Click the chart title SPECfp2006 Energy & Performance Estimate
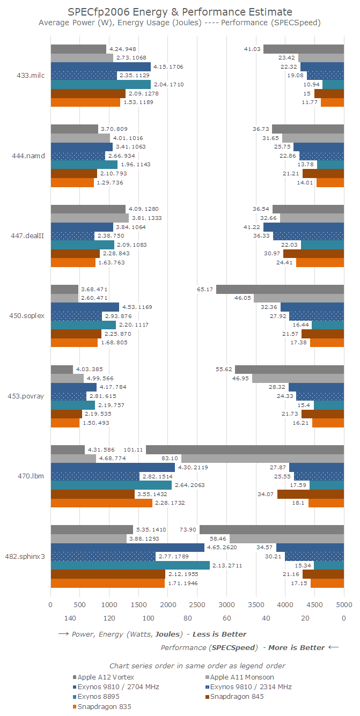point(180,11)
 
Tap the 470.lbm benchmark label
point(34,476)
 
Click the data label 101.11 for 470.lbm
point(133,449)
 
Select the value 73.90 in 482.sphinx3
point(189,529)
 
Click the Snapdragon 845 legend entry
point(238,697)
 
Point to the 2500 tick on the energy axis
point(197,604)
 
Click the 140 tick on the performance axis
point(70,618)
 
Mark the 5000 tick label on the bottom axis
point(343,604)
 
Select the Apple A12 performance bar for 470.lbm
point(245,449)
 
